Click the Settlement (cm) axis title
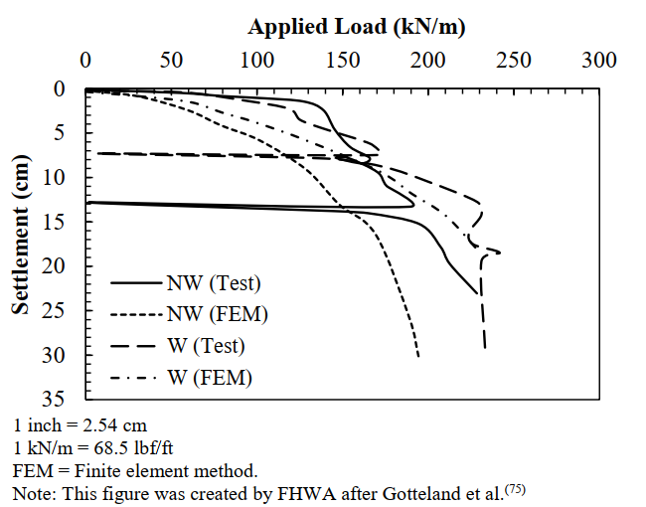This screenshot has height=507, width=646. (x=20, y=233)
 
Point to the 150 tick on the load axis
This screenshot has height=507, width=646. (x=343, y=60)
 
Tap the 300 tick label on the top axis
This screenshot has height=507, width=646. (x=599, y=60)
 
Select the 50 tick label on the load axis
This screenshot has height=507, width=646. (x=172, y=60)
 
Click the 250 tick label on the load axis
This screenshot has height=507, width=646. (x=514, y=60)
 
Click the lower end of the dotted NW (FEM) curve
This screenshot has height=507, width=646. (x=418, y=356)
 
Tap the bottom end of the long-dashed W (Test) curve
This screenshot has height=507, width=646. (x=485, y=348)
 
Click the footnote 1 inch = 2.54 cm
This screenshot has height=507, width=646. (x=81, y=427)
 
